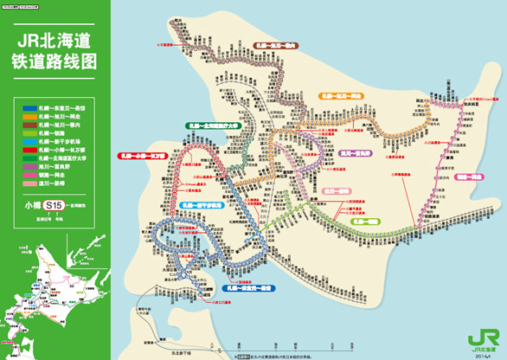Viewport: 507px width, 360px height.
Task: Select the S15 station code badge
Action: pyautogui.click(x=55, y=206)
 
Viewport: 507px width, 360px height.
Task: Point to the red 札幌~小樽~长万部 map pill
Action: pyautogui.click(x=141, y=157)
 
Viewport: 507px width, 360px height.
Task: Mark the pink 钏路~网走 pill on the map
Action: pyautogui.click(x=472, y=177)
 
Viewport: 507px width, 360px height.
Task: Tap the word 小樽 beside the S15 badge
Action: pyautogui.click(x=32, y=206)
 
